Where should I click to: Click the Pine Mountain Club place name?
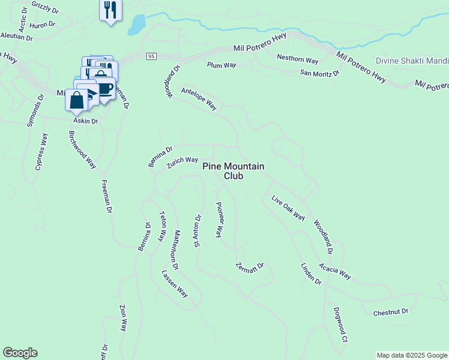coord(233,171)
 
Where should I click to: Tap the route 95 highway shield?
coord(151,56)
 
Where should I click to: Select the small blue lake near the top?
coord(137,25)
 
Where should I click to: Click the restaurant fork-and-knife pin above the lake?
coord(110,10)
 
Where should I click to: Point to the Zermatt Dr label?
coord(250,266)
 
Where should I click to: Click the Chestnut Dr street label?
coord(390,312)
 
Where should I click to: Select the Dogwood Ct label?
coord(340,325)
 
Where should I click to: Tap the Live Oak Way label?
coord(288,208)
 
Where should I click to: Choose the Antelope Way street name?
coord(199,97)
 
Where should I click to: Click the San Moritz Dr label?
coord(320,73)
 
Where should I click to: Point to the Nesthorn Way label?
coord(297,59)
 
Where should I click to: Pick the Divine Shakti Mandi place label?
coord(412,61)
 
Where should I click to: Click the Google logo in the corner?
coord(20,353)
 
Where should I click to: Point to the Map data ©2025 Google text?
coord(412,355)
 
